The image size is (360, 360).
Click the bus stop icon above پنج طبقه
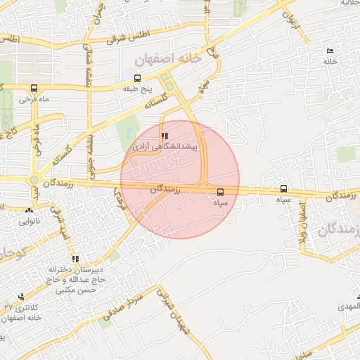tap(136, 78)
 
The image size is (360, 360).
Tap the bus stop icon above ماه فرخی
tap(34, 89)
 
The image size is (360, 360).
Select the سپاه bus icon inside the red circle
tap(221, 191)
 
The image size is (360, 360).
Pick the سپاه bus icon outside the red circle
tap(283, 188)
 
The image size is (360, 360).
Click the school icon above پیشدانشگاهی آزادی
tap(165, 136)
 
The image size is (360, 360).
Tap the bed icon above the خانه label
tap(330, 51)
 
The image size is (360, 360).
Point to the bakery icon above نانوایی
tap(29, 210)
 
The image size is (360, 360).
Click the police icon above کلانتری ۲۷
tap(20, 297)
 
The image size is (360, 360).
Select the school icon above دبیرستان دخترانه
tap(76, 259)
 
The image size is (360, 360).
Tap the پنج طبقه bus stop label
tap(137, 89)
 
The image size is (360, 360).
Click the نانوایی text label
tap(30, 221)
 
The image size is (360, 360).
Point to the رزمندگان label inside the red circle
tap(166, 190)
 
